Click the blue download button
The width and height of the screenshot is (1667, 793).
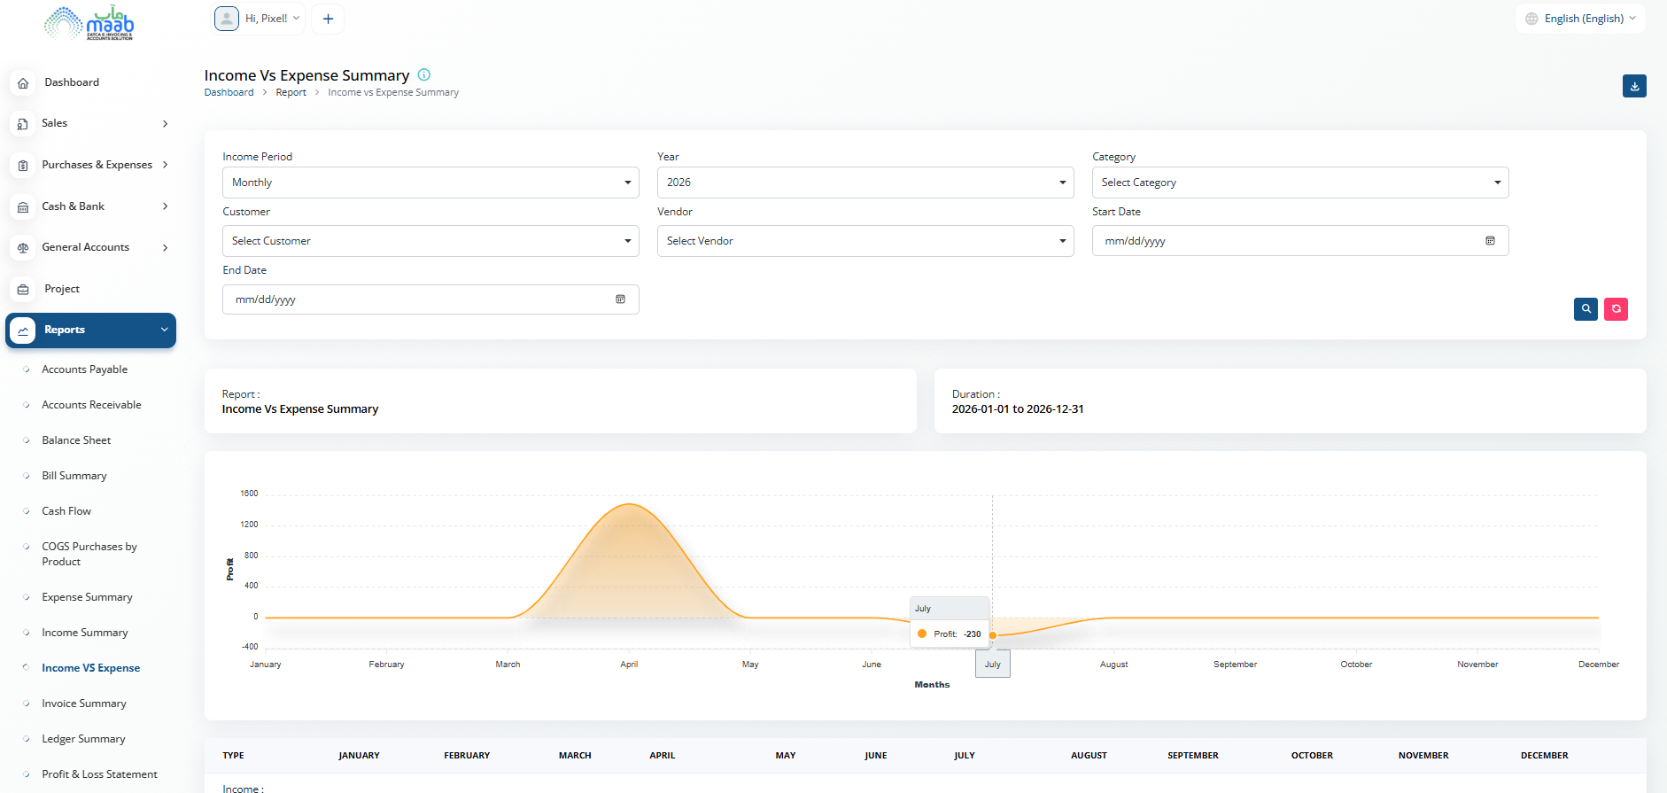coord(1634,86)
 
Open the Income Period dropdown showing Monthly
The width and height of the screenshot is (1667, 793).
coord(430,183)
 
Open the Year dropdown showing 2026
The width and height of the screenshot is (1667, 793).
coord(865,183)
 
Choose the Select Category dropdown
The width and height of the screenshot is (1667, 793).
coord(1300,183)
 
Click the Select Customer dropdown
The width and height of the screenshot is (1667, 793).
coord(430,241)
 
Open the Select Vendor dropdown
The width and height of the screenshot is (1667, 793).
coord(865,241)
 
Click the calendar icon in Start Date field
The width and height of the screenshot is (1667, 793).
coord(1490,241)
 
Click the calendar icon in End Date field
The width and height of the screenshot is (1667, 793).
coord(620,299)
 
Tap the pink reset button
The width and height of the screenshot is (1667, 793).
coord(1616,309)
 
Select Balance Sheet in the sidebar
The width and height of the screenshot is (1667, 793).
coord(76,440)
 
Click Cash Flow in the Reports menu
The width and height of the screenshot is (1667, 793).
coord(66,511)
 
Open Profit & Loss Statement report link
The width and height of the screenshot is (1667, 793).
coord(99,774)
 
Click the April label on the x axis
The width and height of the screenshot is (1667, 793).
coord(629,665)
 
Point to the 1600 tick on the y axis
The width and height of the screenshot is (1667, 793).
coord(249,494)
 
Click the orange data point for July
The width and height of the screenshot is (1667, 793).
coord(993,635)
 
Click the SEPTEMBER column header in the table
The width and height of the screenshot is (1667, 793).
coord(1193,756)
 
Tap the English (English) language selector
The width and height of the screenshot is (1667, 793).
coord(1580,19)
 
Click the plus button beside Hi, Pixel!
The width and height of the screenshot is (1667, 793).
coord(328,19)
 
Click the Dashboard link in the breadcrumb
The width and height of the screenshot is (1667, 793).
coord(229,92)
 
